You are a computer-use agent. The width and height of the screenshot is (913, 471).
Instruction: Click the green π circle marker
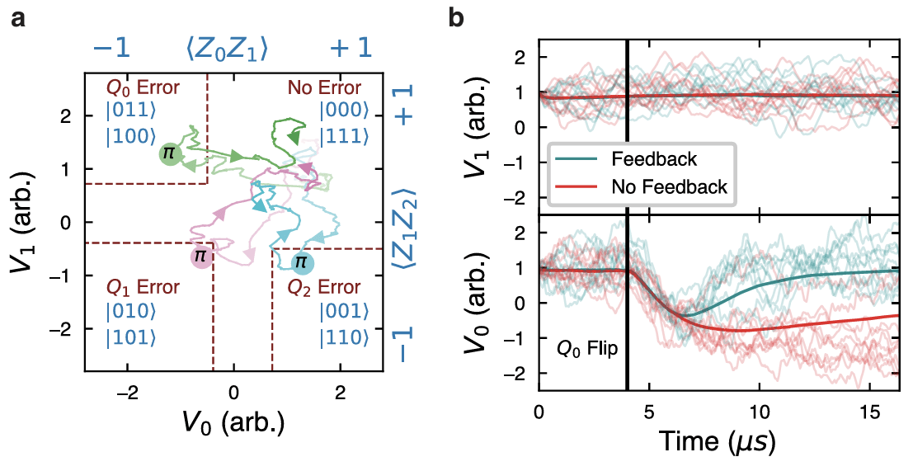point(168,153)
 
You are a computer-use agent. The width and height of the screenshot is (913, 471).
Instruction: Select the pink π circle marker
point(200,257)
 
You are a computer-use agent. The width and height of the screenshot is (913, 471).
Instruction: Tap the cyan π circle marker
point(302,263)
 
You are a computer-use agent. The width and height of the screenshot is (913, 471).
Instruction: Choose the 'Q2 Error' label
point(323,288)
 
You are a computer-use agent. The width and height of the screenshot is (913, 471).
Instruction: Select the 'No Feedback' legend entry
point(669,187)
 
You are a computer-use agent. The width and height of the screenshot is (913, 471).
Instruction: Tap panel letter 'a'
point(18,16)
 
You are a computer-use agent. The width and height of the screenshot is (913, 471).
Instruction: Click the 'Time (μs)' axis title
point(716,443)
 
